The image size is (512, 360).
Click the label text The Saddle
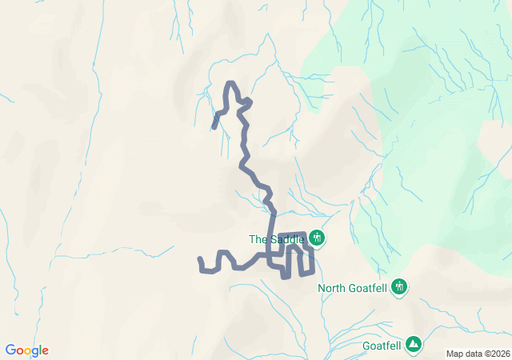tap(277, 238)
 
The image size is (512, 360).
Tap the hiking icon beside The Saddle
tap(316, 238)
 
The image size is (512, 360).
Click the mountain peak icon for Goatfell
tap(414, 343)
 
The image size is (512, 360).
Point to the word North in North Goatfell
tap(333, 288)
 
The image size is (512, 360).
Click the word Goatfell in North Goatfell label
tap(370, 288)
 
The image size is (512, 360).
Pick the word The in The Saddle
tap(258, 238)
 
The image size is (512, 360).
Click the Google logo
tap(27, 350)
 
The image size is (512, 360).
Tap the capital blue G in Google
tap(10, 350)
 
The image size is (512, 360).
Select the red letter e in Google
tap(45, 351)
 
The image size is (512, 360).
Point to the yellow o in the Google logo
tap(28, 351)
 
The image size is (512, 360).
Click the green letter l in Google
tap(40, 350)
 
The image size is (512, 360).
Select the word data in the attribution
tap(474, 354)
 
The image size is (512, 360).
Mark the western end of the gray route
tap(200, 259)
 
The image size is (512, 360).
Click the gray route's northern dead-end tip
tap(214, 126)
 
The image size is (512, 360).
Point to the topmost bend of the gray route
tap(232, 83)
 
